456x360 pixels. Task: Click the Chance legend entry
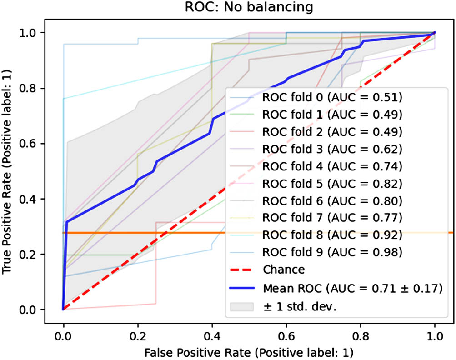(x=284, y=270)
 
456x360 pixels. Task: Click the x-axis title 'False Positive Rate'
(x=249, y=351)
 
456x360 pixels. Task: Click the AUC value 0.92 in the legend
(x=391, y=235)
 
